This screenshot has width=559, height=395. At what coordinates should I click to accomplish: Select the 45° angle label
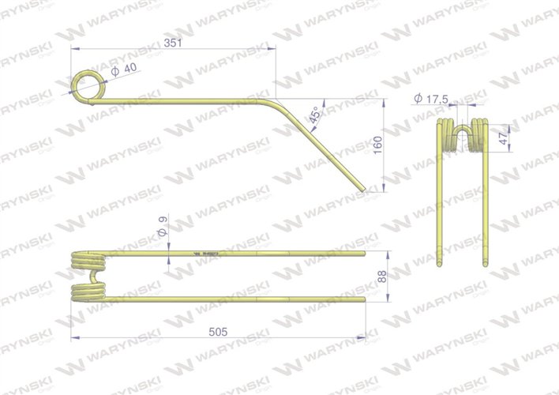coord(316,115)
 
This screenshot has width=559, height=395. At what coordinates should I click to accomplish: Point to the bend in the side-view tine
coord(276,101)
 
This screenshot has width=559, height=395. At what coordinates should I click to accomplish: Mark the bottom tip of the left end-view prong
coord(440,265)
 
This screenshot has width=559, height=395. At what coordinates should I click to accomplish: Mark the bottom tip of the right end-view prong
coord(482,265)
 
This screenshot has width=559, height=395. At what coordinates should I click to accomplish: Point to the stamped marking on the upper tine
coord(208,254)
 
